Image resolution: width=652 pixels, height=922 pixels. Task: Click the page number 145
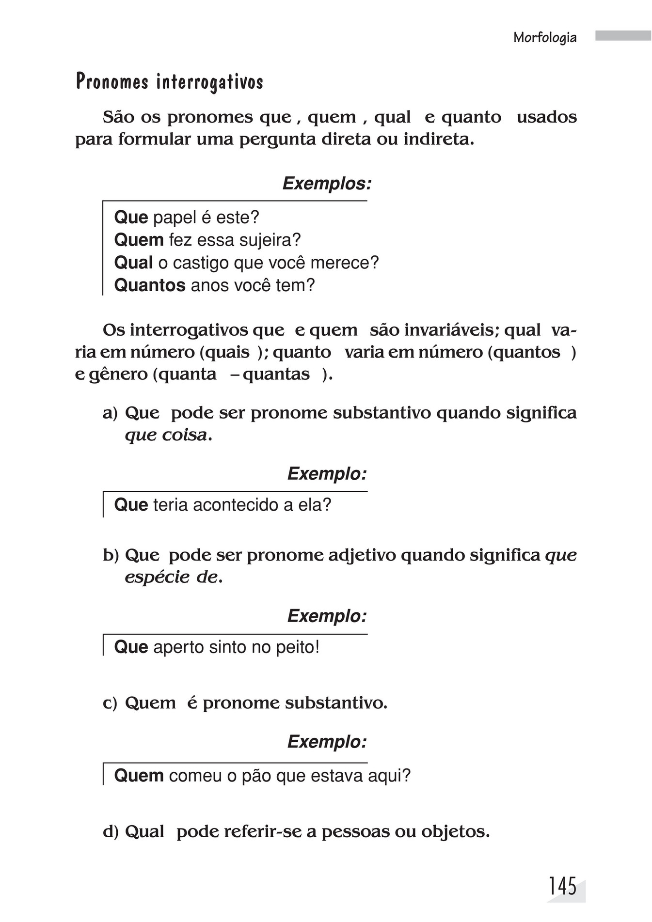563,887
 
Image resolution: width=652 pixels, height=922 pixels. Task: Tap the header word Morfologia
545,38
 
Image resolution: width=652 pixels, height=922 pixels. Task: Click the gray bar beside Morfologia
623,36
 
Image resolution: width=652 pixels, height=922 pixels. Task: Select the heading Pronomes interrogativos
169,82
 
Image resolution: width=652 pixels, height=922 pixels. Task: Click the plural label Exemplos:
327,184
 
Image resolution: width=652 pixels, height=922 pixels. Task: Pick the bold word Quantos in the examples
149,285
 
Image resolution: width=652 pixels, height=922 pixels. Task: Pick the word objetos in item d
454,832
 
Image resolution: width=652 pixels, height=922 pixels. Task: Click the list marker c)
110,703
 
